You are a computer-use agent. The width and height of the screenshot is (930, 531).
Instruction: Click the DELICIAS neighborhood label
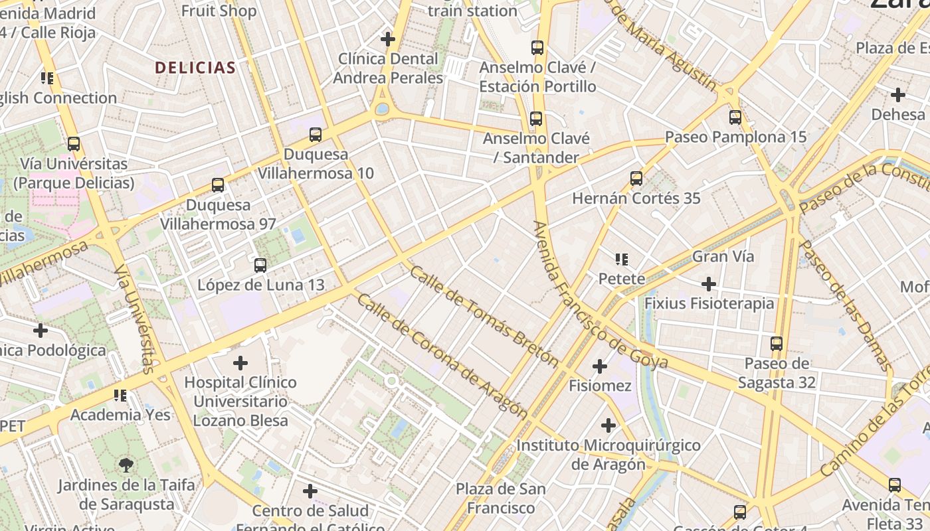coord(195,68)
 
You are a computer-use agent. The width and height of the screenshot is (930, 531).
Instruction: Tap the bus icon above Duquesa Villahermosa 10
coord(316,135)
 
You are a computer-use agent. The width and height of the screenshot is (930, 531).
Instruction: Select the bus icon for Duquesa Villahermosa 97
coord(218,185)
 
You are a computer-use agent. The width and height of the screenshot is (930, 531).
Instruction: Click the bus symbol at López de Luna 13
coord(260,265)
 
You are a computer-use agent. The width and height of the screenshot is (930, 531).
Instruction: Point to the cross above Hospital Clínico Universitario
coord(240,363)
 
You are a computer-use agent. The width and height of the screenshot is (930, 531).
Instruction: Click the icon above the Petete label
coord(622,260)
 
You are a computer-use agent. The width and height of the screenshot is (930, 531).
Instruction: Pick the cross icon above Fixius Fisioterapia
coord(709,284)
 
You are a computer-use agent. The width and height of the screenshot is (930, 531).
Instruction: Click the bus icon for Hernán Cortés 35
coord(636,179)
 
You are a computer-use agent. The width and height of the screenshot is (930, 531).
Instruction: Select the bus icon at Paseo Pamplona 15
coord(735,117)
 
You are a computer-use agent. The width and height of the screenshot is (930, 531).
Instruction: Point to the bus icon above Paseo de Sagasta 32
coord(777,344)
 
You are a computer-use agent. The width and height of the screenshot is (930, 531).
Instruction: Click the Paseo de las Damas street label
coord(845,305)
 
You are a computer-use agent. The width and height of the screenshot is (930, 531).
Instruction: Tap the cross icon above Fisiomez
coord(600,366)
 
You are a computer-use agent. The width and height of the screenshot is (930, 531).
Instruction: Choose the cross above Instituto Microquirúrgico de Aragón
coord(608,425)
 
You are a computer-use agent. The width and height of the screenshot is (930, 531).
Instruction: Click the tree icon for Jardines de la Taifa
coord(126,465)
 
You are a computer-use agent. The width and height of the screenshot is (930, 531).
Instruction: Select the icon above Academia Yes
coord(120,396)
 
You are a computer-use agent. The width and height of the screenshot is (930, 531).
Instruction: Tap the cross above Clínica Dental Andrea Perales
coord(388,39)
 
